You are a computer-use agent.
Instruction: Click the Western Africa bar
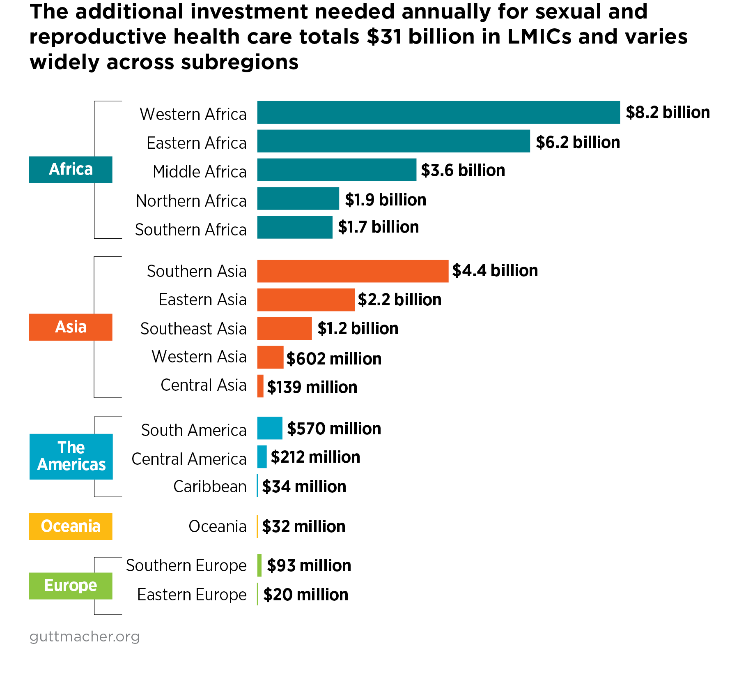(438, 112)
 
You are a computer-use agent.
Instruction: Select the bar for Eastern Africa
(393, 141)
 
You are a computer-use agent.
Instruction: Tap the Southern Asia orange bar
(353, 271)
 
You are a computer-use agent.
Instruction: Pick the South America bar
(270, 428)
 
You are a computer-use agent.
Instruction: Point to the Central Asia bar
(260, 386)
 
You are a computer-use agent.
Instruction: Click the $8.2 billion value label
(668, 112)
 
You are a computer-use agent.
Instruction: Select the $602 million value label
(334, 359)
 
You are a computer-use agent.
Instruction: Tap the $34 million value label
(304, 487)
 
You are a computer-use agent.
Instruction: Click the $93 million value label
(309, 565)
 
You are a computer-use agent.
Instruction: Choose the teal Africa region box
(71, 169)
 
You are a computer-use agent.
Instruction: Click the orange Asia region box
(71, 327)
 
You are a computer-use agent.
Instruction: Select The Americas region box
(71, 457)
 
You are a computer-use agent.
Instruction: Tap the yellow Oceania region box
(71, 526)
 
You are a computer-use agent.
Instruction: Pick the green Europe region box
(71, 586)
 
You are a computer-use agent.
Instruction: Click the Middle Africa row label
(200, 172)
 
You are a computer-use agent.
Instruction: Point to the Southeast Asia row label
(193, 329)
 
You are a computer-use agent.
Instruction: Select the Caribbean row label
(210, 487)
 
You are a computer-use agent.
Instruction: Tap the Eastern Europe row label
(192, 595)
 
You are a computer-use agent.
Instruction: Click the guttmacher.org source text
(85, 636)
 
